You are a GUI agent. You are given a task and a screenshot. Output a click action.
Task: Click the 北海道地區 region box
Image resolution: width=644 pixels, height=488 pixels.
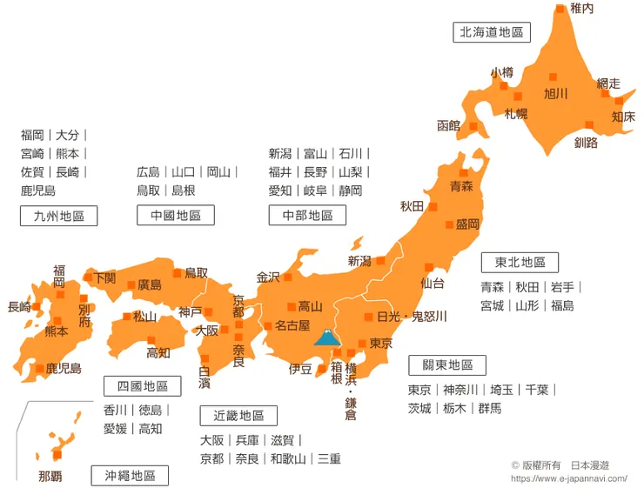(x=492, y=32)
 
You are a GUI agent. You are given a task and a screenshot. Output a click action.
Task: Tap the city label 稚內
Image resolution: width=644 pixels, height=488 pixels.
(x=581, y=9)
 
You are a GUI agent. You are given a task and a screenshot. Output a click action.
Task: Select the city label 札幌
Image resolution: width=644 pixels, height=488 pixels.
(x=515, y=113)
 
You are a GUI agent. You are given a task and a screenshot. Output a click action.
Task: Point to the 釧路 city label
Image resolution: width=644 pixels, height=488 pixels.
(x=586, y=143)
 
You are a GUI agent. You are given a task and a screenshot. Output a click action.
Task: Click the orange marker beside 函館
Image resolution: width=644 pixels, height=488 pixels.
(x=473, y=126)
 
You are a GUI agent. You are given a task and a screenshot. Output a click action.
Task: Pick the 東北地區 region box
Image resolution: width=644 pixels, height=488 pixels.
(x=520, y=262)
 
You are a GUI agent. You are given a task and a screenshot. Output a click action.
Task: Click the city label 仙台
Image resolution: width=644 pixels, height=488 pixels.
(x=433, y=283)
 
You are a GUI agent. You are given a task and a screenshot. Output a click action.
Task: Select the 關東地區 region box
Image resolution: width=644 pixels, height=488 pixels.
(x=447, y=365)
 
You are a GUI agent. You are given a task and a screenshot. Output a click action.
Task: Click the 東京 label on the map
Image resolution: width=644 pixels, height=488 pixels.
(x=382, y=343)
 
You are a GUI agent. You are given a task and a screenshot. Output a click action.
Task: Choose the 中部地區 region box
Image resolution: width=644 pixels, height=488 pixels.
(x=307, y=215)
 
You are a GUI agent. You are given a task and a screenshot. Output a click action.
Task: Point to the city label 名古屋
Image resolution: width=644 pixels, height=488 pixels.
(x=292, y=326)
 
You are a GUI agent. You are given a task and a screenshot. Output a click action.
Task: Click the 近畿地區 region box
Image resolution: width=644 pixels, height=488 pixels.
(x=238, y=416)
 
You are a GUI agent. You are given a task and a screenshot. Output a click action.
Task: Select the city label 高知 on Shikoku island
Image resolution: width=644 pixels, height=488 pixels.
(x=158, y=352)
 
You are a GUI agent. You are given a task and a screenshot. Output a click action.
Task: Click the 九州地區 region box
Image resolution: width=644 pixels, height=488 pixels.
(x=58, y=216)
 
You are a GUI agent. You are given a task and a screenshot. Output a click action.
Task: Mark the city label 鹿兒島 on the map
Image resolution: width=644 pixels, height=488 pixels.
(x=64, y=369)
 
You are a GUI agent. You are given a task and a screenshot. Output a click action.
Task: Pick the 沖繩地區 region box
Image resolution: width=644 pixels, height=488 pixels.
(x=130, y=475)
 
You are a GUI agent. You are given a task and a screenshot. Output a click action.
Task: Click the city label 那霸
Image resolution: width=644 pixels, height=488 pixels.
(x=50, y=476)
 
